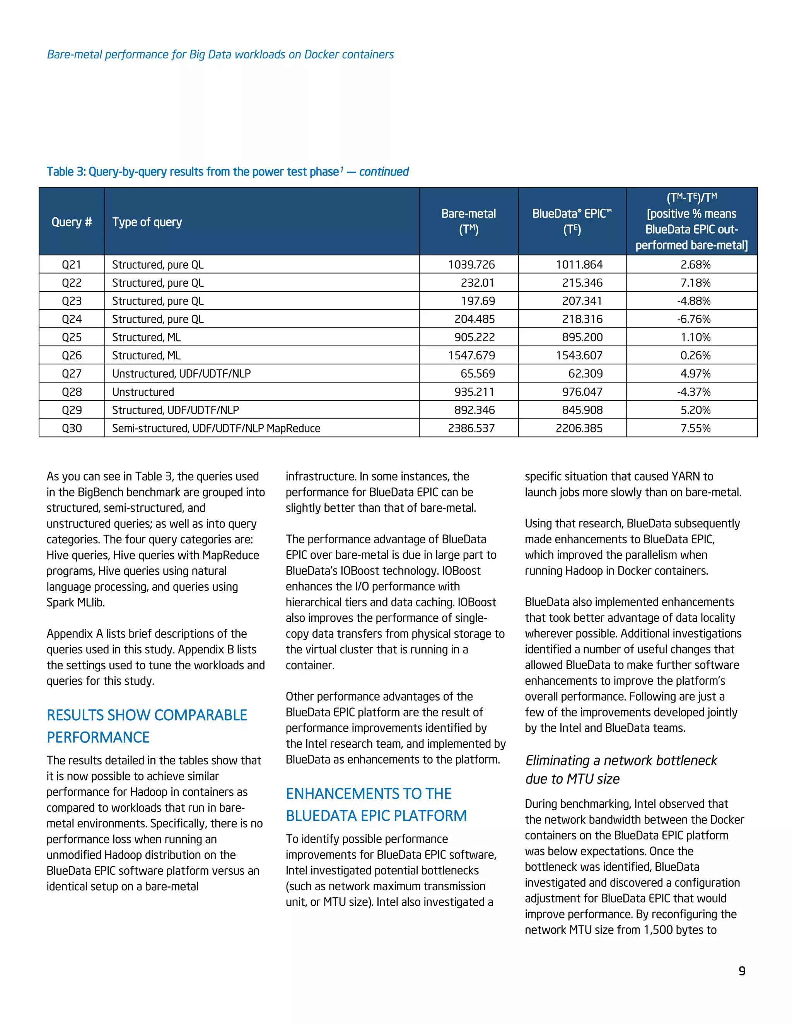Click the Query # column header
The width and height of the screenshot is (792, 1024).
[72, 222]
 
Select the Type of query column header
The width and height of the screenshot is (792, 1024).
[147, 222]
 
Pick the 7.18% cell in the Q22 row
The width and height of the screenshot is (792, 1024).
[695, 283]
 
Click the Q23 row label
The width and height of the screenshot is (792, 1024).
[72, 301]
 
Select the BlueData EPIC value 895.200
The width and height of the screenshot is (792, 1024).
[582, 337]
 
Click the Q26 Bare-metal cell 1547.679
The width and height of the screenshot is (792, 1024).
[471, 356]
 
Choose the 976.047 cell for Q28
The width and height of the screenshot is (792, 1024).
[582, 392]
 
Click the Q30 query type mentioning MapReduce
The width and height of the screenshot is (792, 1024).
[216, 428]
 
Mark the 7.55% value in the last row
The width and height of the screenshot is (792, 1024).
[695, 428]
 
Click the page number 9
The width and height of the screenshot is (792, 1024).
[742, 971]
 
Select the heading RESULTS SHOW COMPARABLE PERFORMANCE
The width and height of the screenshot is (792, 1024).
[147, 726]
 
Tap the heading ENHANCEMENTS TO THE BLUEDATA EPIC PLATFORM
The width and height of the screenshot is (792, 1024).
[376, 805]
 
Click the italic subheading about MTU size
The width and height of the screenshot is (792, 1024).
[620, 769]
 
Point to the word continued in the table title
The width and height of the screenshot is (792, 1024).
[384, 172]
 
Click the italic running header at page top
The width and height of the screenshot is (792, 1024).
[220, 54]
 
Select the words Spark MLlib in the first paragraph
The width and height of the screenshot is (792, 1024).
[75, 602]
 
